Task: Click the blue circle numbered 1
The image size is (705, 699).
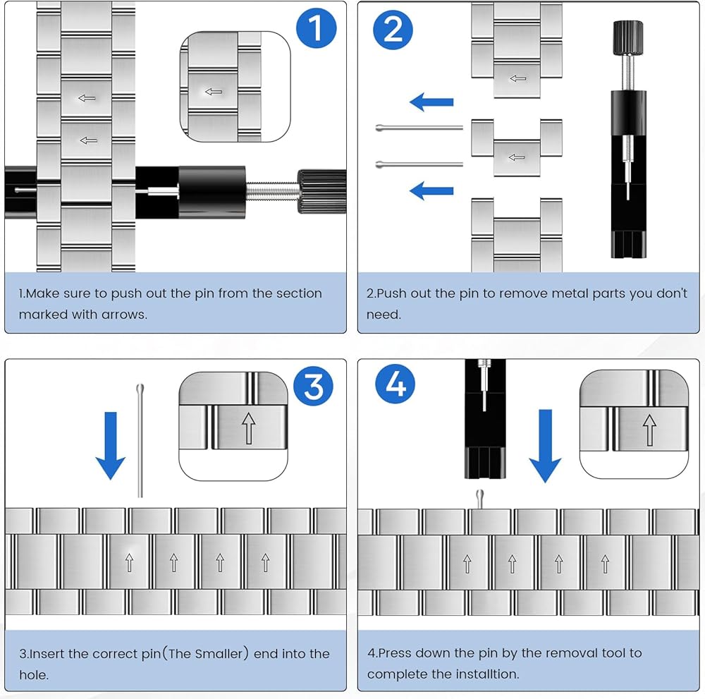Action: [x=316, y=28]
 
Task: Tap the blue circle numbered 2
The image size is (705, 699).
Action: [x=393, y=30]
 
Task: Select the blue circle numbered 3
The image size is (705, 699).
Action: [x=313, y=386]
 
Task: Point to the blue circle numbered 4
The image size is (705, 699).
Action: [x=396, y=384]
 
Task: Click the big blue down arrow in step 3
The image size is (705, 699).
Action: [x=111, y=445]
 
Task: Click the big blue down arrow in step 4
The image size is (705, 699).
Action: [x=546, y=446]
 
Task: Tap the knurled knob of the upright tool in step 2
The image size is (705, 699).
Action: [x=628, y=38]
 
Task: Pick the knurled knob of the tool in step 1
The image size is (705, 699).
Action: [x=321, y=192]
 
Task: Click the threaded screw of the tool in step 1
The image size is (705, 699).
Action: [x=271, y=192]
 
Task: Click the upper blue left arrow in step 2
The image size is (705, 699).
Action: [x=431, y=102]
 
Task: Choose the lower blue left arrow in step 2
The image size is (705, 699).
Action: [x=431, y=190]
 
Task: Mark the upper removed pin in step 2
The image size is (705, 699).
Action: [x=419, y=128]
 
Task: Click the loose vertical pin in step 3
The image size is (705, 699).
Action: [x=140, y=441]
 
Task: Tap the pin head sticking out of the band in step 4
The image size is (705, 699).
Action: [x=479, y=499]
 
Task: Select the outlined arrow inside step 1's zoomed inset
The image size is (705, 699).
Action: [x=214, y=92]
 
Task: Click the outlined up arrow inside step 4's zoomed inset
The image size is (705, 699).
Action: [x=649, y=430]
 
